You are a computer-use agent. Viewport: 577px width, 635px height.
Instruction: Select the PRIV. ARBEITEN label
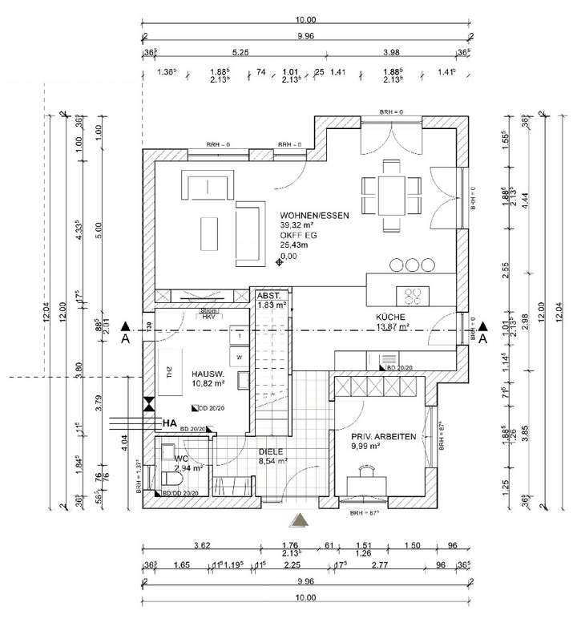383,436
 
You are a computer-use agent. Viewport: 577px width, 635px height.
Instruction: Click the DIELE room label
271,451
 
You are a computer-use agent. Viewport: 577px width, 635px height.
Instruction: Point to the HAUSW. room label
208,374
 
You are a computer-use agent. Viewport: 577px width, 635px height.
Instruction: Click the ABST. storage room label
269,296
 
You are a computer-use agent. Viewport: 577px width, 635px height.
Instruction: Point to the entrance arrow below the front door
299,520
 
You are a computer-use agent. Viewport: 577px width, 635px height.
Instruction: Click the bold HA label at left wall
169,423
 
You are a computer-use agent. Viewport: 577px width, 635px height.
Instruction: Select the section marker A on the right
482,339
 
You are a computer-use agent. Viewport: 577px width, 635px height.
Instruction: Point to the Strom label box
208,310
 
